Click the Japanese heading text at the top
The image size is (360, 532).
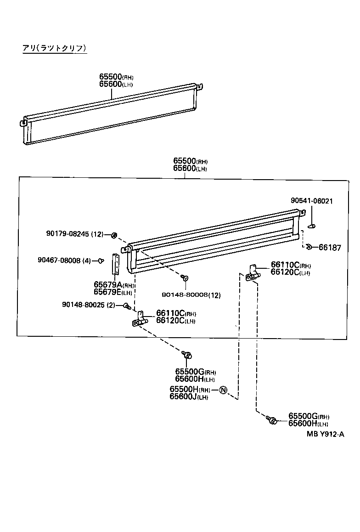(54, 48)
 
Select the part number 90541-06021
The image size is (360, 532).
(312, 201)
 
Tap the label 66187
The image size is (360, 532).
(330, 248)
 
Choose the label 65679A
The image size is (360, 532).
(107, 285)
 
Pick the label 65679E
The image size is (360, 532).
(107, 292)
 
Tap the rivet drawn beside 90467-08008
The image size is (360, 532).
(100, 261)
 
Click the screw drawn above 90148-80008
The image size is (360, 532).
(185, 278)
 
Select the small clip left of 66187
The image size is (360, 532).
(309, 248)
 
